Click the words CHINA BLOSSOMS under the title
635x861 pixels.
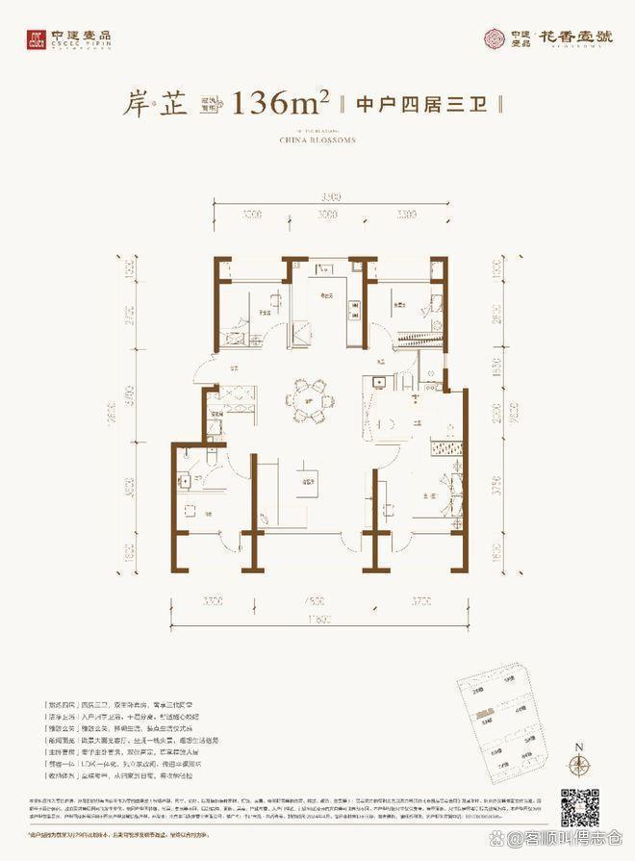click(x=317, y=139)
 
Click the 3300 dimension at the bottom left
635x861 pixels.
click(x=213, y=601)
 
